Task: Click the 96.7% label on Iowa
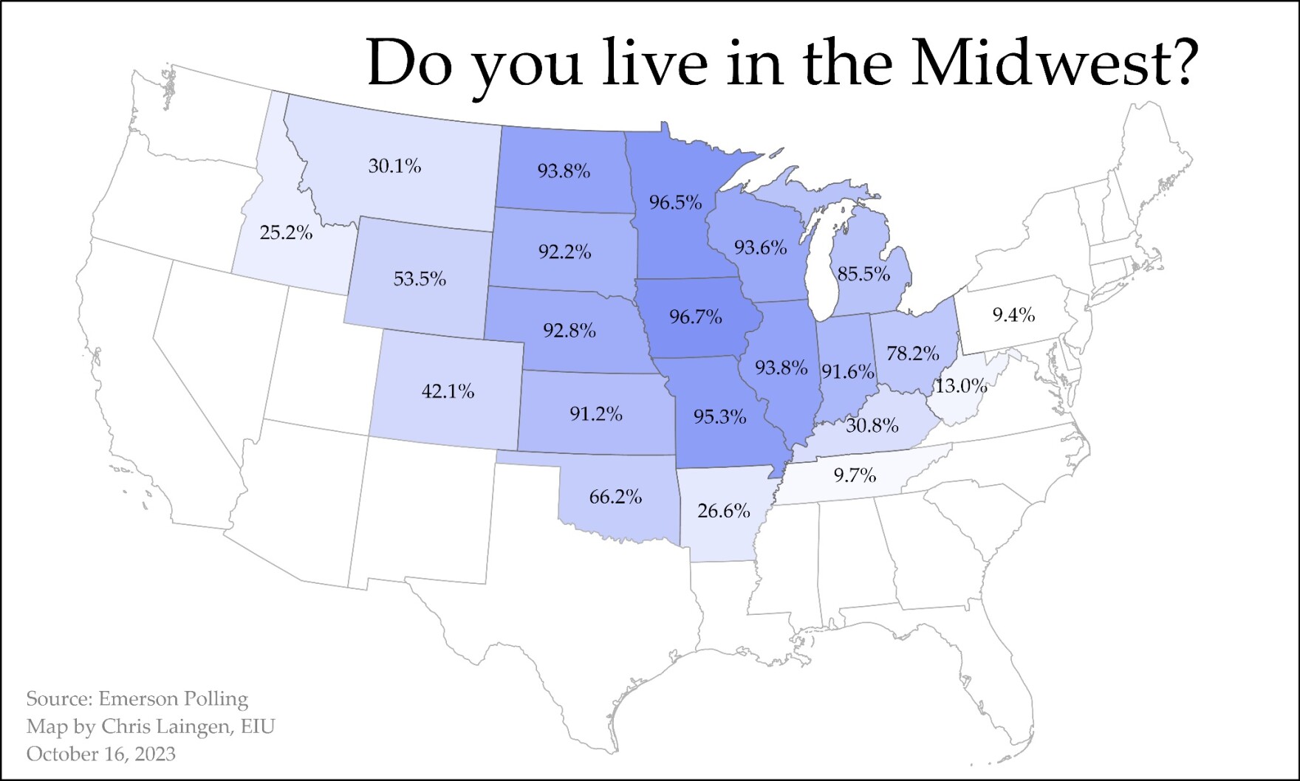pos(695,317)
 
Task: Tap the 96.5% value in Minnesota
pos(675,202)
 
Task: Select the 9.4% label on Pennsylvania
pos(1013,316)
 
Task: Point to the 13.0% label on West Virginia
pos(961,386)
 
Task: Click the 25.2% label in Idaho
pos(286,233)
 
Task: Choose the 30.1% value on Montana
pos(394,166)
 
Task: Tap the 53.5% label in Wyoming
pos(420,279)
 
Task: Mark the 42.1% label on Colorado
pos(448,391)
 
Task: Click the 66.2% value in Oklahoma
pos(615,497)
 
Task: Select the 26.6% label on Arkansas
pos(723,511)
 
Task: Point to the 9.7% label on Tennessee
pos(855,475)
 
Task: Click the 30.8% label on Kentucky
pos(872,426)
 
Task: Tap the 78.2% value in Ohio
pos(912,354)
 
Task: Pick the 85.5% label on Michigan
pos(863,275)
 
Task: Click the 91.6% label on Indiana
pos(848,371)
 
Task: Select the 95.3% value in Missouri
pos(719,417)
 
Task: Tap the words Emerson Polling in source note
pos(173,699)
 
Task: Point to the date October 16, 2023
pos(101,754)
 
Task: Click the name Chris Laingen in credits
pos(165,726)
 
